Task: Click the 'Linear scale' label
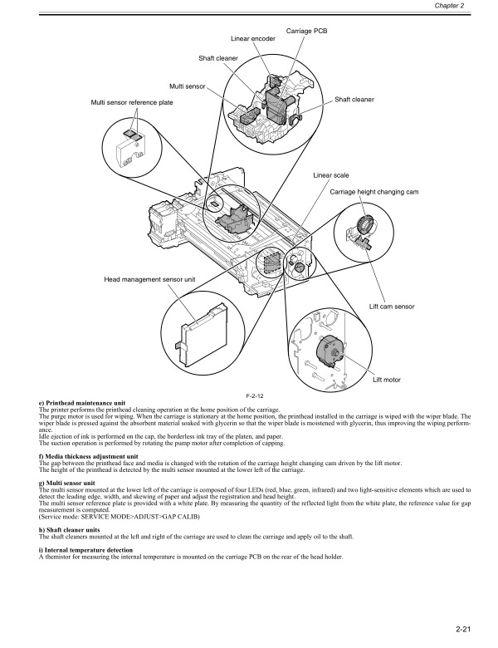point(330,175)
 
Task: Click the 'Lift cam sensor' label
point(391,307)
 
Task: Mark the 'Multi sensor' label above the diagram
point(188,86)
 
